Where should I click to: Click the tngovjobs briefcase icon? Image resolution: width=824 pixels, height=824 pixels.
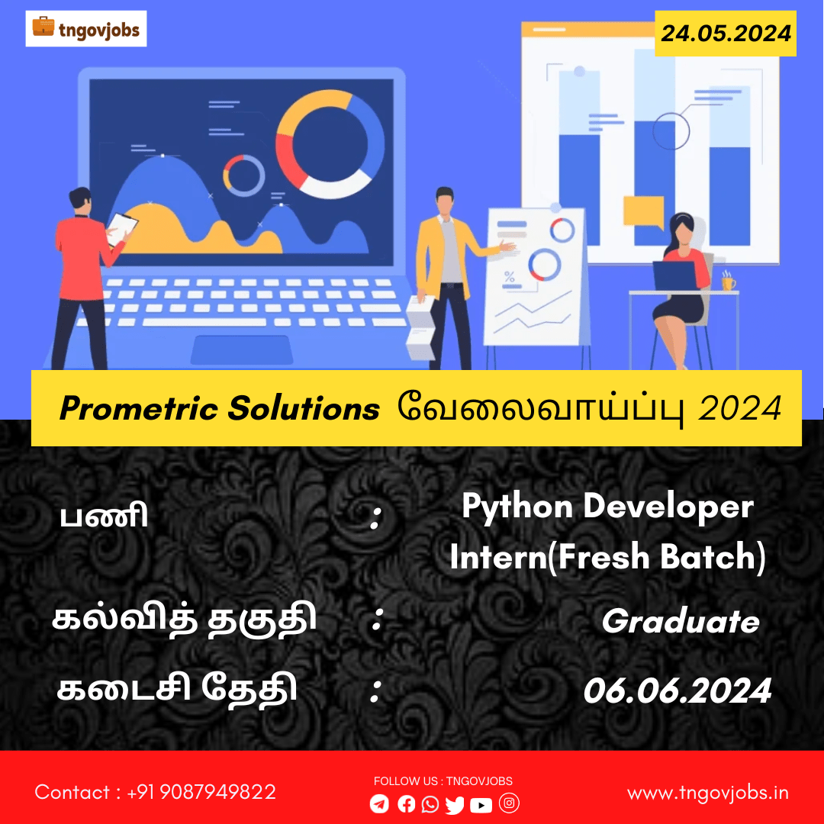point(43,26)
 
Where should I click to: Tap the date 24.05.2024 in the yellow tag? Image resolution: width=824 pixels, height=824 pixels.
point(726,34)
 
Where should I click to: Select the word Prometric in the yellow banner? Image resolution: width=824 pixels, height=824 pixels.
point(139,408)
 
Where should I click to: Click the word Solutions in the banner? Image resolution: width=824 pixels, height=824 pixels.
point(304,408)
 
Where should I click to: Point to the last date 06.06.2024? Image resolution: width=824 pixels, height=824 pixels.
point(678,690)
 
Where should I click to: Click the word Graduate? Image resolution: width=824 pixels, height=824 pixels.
point(681,622)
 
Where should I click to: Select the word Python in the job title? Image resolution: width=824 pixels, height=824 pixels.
point(517,507)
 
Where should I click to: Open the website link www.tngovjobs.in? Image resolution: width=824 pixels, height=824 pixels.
point(708,793)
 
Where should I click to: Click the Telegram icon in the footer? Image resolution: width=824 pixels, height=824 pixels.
point(379,803)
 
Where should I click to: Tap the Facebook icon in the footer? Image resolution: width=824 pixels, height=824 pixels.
point(406,803)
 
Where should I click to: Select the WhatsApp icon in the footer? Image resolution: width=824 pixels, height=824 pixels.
point(430,804)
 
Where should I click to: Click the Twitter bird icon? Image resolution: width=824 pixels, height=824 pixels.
point(455,805)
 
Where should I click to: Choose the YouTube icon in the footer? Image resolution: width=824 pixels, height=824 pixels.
point(481,805)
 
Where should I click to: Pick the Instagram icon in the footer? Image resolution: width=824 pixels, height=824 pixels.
point(509,803)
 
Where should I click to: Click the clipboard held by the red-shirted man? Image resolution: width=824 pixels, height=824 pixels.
point(122,229)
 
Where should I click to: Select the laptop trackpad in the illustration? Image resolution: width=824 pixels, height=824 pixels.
point(241,350)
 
